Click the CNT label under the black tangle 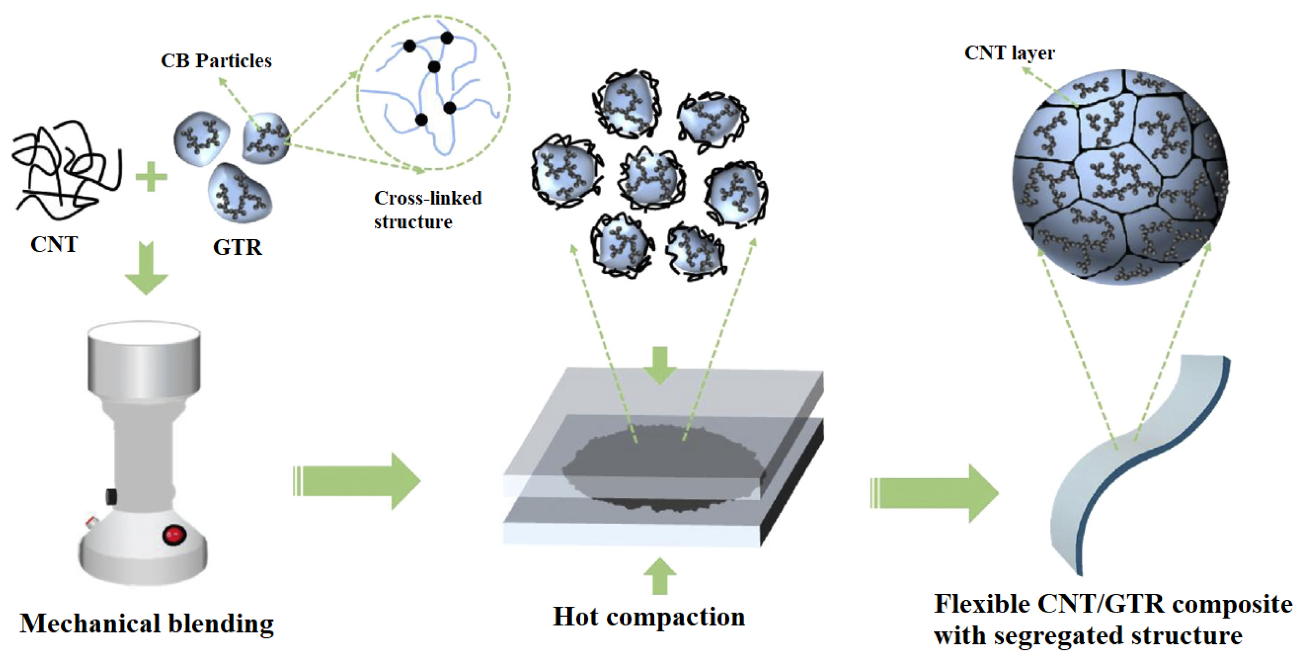(54, 245)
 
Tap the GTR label (237, 247)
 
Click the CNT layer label (1009, 53)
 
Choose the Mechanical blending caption (147, 624)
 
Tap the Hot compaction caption (649, 617)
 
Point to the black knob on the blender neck (111, 496)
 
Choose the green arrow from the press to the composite (934, 493)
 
